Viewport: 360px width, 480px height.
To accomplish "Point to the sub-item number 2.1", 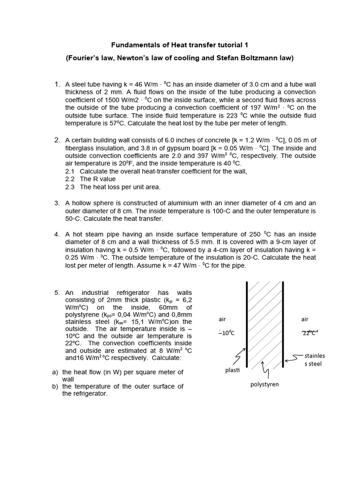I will click(70, 171).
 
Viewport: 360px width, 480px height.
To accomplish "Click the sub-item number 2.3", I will click(70, 187).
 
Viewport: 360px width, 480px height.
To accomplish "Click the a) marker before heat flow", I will click(55, 372).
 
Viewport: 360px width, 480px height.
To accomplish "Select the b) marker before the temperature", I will click(55, 386).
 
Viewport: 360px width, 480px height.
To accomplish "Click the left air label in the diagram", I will click(222, 319).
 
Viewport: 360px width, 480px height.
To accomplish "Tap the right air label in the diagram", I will click(305, 319).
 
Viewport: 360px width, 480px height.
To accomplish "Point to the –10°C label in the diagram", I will click(226, 333).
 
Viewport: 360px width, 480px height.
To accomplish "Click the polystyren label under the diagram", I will click(265, 384).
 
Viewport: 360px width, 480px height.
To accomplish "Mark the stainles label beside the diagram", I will click(315, 355).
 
